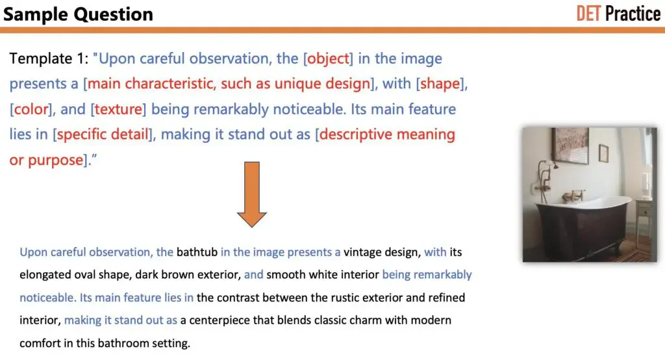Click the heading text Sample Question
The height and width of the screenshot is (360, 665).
click(78, 14)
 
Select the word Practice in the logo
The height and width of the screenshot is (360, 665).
click(633, 13)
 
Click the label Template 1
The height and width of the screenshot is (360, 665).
click(49, 58)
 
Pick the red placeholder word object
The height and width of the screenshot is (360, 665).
click(329, 58)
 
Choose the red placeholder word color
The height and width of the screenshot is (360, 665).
click(31, 109)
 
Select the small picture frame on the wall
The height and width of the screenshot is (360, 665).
click(603, 153)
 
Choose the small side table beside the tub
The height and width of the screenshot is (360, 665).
click(643, 214)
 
